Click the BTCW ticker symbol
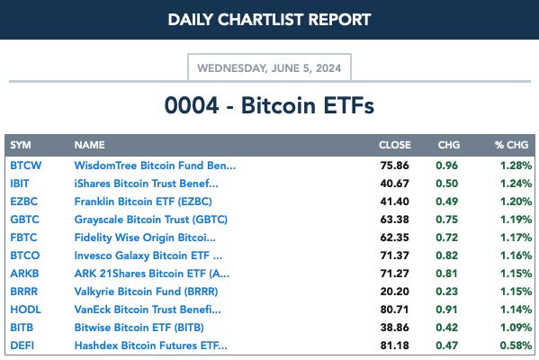(x=26, y=166)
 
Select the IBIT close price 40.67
(x=395, y=184)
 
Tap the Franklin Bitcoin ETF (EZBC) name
(x=143, y=201)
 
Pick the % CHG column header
(x=511, y=145)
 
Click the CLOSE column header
(x=395, y=145)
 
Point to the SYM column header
(x=21, y=145)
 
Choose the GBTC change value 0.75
(x=447, y=220)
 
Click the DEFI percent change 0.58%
(x=516, y=346)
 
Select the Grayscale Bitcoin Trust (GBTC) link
(x=151, y=220)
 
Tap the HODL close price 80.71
(x=395, y=309)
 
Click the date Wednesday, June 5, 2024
(x=269, y=68)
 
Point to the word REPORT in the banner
(x=339, y=20)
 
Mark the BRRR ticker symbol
(x=23, y=292)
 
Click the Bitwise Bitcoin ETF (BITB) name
(x=139, y=328)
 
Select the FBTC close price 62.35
(x=395, y=238)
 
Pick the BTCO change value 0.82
(x=447, y=256)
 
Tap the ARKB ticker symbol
(x=24, y=274)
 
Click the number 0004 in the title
(x=192, y=105)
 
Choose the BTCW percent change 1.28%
(x=516, y=166)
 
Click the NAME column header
(x=89, y=145)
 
